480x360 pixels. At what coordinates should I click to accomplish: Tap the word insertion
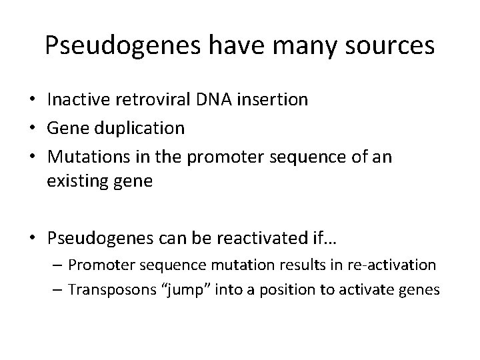tap(271, 100)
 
